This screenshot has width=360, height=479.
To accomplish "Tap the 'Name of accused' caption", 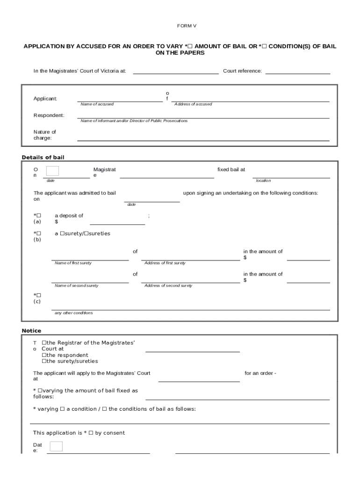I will point(97,104).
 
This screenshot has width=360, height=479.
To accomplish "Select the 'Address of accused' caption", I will point(193,104).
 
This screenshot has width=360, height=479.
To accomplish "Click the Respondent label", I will point(49,116).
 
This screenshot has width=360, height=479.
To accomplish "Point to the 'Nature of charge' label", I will point(44,135).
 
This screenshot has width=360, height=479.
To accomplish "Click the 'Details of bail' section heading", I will point(43,157).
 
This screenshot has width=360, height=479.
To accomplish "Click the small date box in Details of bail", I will point(52,171).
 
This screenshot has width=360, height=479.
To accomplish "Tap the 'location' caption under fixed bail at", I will point(263,181).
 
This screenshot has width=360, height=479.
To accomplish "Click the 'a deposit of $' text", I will point(69,218).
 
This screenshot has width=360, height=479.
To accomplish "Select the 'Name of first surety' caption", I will point(73,263).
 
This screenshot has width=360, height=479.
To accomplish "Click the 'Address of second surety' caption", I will point(168,285).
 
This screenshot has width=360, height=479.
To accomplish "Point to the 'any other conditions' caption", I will point(73,313).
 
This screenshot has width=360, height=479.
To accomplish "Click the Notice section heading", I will point(31,331).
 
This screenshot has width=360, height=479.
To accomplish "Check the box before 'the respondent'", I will point(44,355).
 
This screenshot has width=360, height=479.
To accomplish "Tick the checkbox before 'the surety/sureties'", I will point(44,361).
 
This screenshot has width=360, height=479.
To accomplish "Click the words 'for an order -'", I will point(260,373).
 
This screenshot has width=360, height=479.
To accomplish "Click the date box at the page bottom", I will point(56,446).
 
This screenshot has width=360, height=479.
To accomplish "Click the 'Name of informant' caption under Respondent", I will point(134,121).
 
